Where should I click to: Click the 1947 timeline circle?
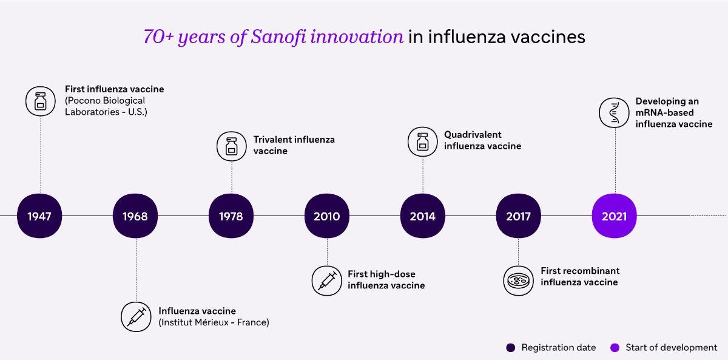coord(39,216)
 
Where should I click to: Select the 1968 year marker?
coord(135,216)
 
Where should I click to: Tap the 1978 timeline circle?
coord(231,216)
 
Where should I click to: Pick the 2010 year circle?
coord(327,216)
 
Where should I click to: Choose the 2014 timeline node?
coord(422,216)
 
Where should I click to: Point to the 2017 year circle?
coord(518,216)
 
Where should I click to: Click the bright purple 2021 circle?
coord(614,216)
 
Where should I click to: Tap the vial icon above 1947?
coord(41,101)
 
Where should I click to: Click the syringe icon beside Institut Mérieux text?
coord(136,317)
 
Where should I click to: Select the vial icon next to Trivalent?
coord(232,146)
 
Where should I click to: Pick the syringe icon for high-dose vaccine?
coord(326,280)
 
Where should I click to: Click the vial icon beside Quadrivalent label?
coord(422,142)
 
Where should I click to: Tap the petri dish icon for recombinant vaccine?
coord(518,280)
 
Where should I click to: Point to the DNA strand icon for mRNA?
coord(614,112)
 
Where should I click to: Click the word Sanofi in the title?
coord(278,36)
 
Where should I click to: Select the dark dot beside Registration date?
coord(511,348)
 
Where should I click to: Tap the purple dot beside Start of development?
coord(615,348)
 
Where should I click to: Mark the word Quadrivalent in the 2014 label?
coord(473,135)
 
